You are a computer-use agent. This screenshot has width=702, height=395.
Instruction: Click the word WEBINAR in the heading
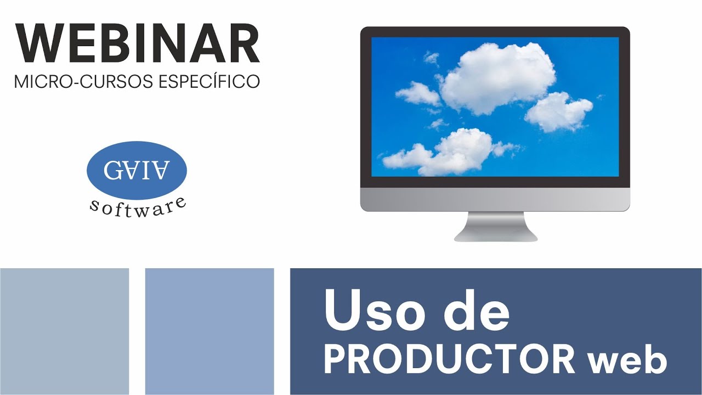137,44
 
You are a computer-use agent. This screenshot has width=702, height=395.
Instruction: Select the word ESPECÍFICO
208,81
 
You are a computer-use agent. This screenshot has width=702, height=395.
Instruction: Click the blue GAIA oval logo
137,170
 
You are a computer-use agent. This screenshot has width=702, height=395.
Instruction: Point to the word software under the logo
137,208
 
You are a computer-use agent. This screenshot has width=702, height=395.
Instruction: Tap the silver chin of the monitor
495,199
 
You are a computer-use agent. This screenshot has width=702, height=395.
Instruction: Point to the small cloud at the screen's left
417,94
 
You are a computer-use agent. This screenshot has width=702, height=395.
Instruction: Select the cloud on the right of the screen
558,111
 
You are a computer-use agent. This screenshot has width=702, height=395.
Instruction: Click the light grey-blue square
64,331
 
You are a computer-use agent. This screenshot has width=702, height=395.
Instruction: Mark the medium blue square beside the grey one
210,331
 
